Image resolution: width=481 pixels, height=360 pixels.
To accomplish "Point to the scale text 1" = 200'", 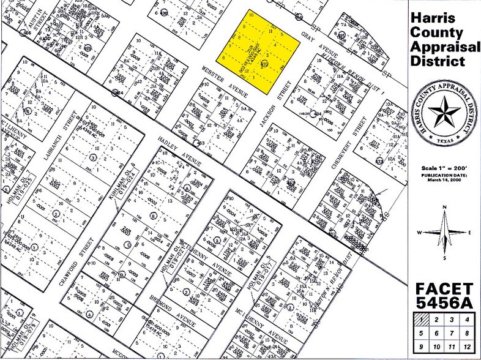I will pos(444,168).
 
